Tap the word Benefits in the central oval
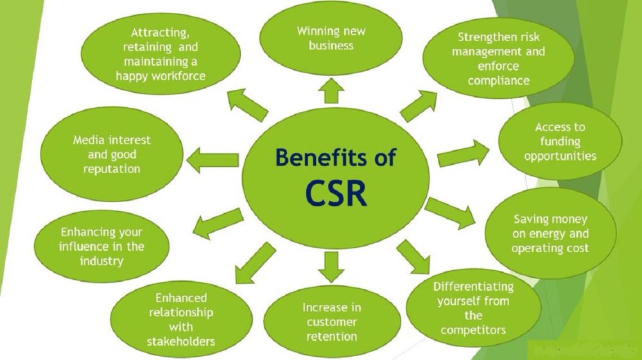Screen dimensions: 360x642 (315, 157)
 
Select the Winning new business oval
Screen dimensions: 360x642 (332, 38)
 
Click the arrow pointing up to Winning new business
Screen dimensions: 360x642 (331, 90)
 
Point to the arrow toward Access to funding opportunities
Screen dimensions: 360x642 (462, 155)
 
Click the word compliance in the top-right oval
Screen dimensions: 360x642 (498, 81)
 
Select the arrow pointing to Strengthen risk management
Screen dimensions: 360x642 (419, 106)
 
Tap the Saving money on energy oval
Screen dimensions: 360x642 (550, 234)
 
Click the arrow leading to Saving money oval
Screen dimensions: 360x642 (449, 212)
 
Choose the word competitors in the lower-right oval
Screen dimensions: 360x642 (473, 330)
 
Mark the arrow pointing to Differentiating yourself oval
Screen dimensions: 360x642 (413, 256)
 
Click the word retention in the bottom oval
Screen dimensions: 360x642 (332, 336)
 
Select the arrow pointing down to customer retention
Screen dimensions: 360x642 (331, 266)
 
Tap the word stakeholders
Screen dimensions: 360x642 (181, 341)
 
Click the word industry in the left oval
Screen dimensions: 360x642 (101, 261)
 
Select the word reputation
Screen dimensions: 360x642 (111, 169)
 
